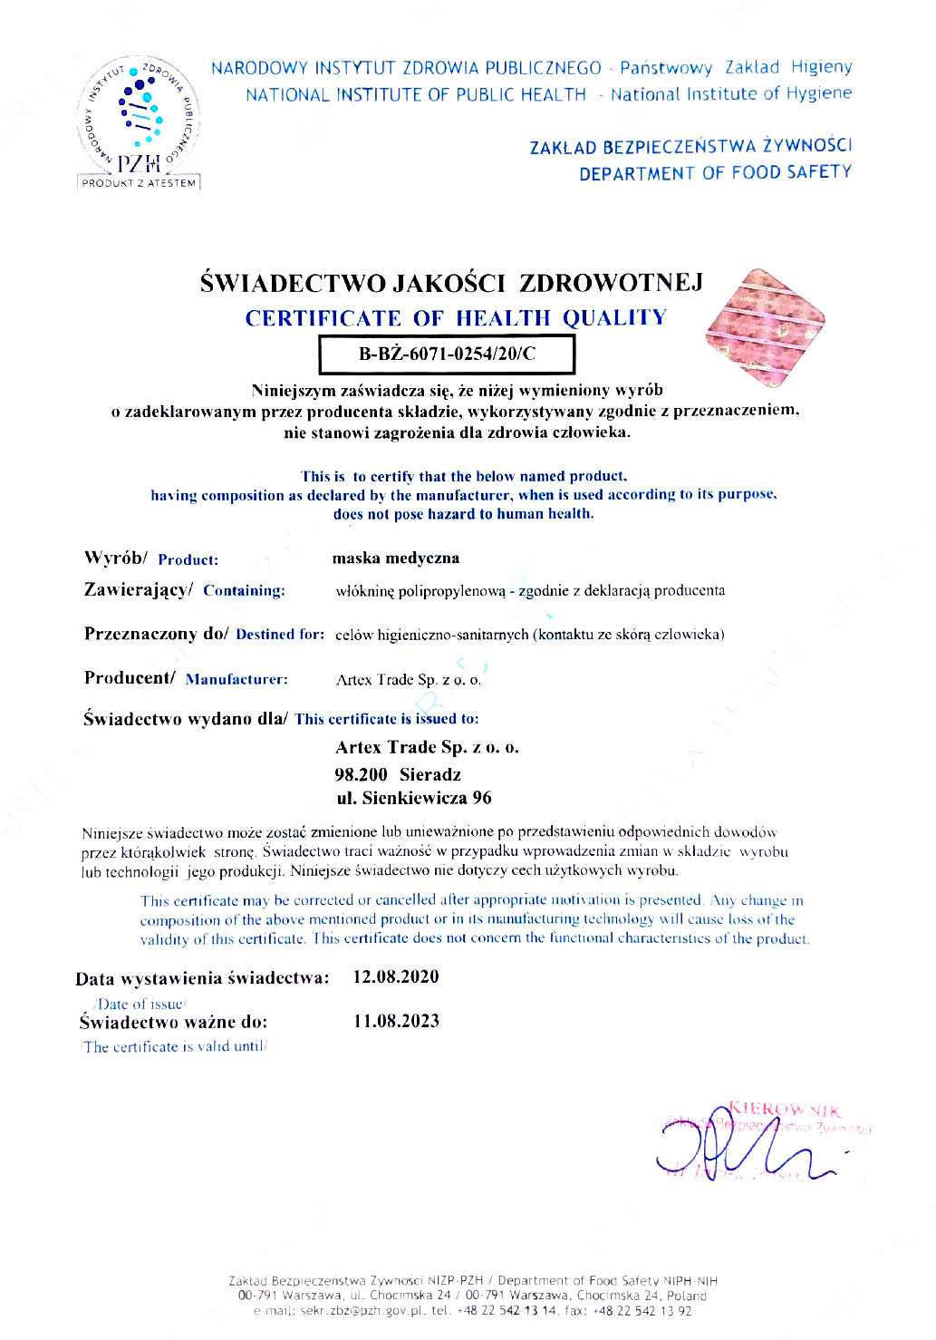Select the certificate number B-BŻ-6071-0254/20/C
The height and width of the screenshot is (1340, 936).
point(447,354)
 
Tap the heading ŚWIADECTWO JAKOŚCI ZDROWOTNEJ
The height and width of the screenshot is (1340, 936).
point(451,283)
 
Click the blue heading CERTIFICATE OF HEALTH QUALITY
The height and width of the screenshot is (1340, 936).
point(456,318)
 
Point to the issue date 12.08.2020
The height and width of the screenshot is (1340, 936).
point(396,977)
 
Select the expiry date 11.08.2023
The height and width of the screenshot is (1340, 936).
point(396,1021)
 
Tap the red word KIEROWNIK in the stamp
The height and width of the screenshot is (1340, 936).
point(785,1110)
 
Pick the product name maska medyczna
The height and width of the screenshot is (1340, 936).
point(396,558)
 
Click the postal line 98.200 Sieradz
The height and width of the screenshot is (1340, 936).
point(398,774)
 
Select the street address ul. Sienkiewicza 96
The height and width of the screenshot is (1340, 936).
point(414,798)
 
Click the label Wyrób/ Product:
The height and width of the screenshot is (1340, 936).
point(151,558)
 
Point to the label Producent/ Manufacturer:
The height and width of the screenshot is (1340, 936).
point(186,678)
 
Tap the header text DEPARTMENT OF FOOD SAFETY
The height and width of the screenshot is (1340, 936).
point(715,172)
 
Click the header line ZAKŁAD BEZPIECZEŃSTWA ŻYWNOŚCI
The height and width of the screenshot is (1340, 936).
point(690,146)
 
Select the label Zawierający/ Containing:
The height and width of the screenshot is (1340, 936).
point(184,590)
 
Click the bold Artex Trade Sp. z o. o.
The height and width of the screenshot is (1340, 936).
point(427,747)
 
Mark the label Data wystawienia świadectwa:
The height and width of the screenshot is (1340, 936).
point(202,978)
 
